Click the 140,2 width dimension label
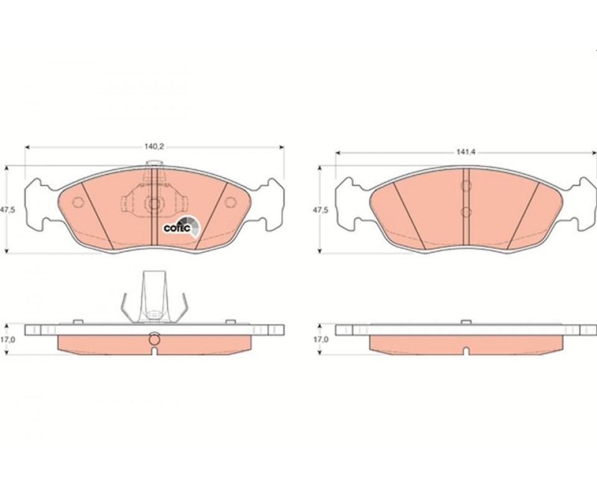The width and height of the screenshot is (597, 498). coord(154,147)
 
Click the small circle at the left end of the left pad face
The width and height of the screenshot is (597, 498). coord(78,202)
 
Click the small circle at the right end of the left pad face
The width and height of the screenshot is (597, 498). coord(230,202)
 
